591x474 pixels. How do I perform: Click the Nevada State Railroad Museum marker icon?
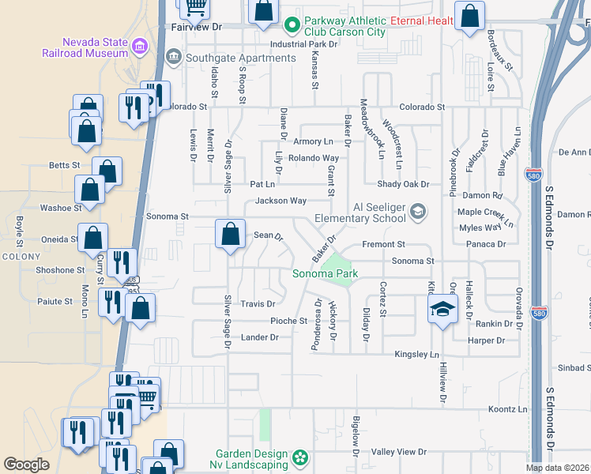(140, 47)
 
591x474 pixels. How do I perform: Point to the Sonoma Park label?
(326, 274)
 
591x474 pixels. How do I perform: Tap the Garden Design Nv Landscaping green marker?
(299, 457)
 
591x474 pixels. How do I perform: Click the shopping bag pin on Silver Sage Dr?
(230, 234)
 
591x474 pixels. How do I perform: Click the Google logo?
(26, 465)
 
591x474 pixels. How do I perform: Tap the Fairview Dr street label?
(198, 26)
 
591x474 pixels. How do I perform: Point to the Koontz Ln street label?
(507, 409)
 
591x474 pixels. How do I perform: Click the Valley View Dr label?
(399, 452)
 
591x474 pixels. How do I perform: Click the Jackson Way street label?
(280, 201)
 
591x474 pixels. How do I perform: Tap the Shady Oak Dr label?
(402, 184)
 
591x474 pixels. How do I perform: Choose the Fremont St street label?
(383, 245)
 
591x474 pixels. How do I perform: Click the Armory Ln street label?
(313, 141)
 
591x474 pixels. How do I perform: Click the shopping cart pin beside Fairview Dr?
(196, 7)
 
